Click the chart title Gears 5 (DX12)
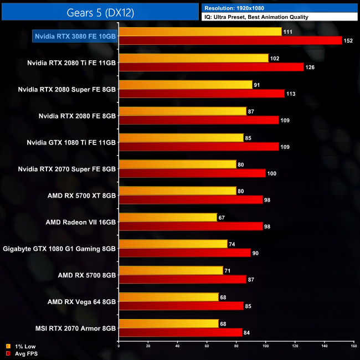(x=100, y=12)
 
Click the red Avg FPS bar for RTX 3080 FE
(x=230, y=40)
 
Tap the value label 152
(x=348, y=40)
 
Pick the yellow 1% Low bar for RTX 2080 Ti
(x=193, y=58)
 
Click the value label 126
(x=310, y=67)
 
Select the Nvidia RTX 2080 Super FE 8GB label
(x=67, y=89)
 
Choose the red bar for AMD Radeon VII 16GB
(x=191, y=227)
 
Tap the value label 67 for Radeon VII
(x=222, y=218)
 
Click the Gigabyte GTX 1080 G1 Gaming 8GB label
(x=60, y=249)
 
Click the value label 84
(x=248, y=333)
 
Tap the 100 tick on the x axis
(x=265, y=346)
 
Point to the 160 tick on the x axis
(x=353, y=346)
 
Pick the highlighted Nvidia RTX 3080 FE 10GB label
(x=75, y=36)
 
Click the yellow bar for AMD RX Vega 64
(x=168, y=297)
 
